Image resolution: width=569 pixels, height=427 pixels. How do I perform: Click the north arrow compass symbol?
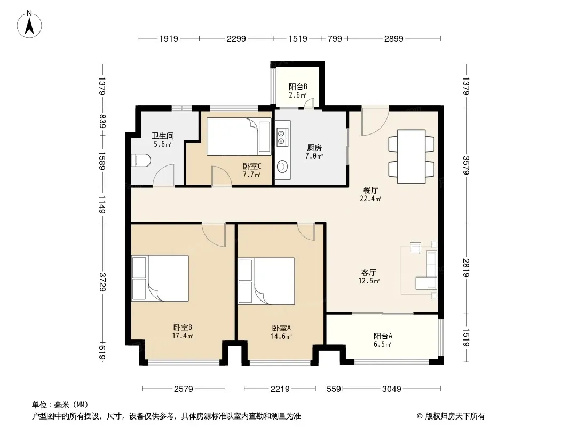point(29,25)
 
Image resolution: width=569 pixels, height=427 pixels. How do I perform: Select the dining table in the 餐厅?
point(411,156)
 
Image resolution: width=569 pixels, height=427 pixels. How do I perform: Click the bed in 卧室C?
point(239,137)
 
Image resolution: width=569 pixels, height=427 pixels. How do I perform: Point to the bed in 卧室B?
point(160,278)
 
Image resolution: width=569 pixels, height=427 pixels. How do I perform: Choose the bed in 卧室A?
point(266,281)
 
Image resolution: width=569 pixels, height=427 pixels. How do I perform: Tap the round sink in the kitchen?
point(282,167)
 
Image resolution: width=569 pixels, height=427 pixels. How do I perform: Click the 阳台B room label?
point(298,86)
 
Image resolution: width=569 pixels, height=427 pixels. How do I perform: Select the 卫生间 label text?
point(163,136)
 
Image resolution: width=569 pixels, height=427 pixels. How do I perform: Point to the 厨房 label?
point(314,148)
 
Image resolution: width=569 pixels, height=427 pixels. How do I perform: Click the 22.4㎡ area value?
point(370,199)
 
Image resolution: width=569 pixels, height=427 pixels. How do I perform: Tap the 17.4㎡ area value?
point(183,336)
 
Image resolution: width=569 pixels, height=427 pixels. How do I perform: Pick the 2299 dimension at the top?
point(236,38)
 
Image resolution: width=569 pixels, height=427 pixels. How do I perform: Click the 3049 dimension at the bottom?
point(392,389)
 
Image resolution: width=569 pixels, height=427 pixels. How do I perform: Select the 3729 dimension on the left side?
point(102,282)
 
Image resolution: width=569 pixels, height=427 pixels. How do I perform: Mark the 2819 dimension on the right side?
point(467,268)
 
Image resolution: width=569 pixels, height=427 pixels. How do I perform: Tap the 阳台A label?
point(383,336)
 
